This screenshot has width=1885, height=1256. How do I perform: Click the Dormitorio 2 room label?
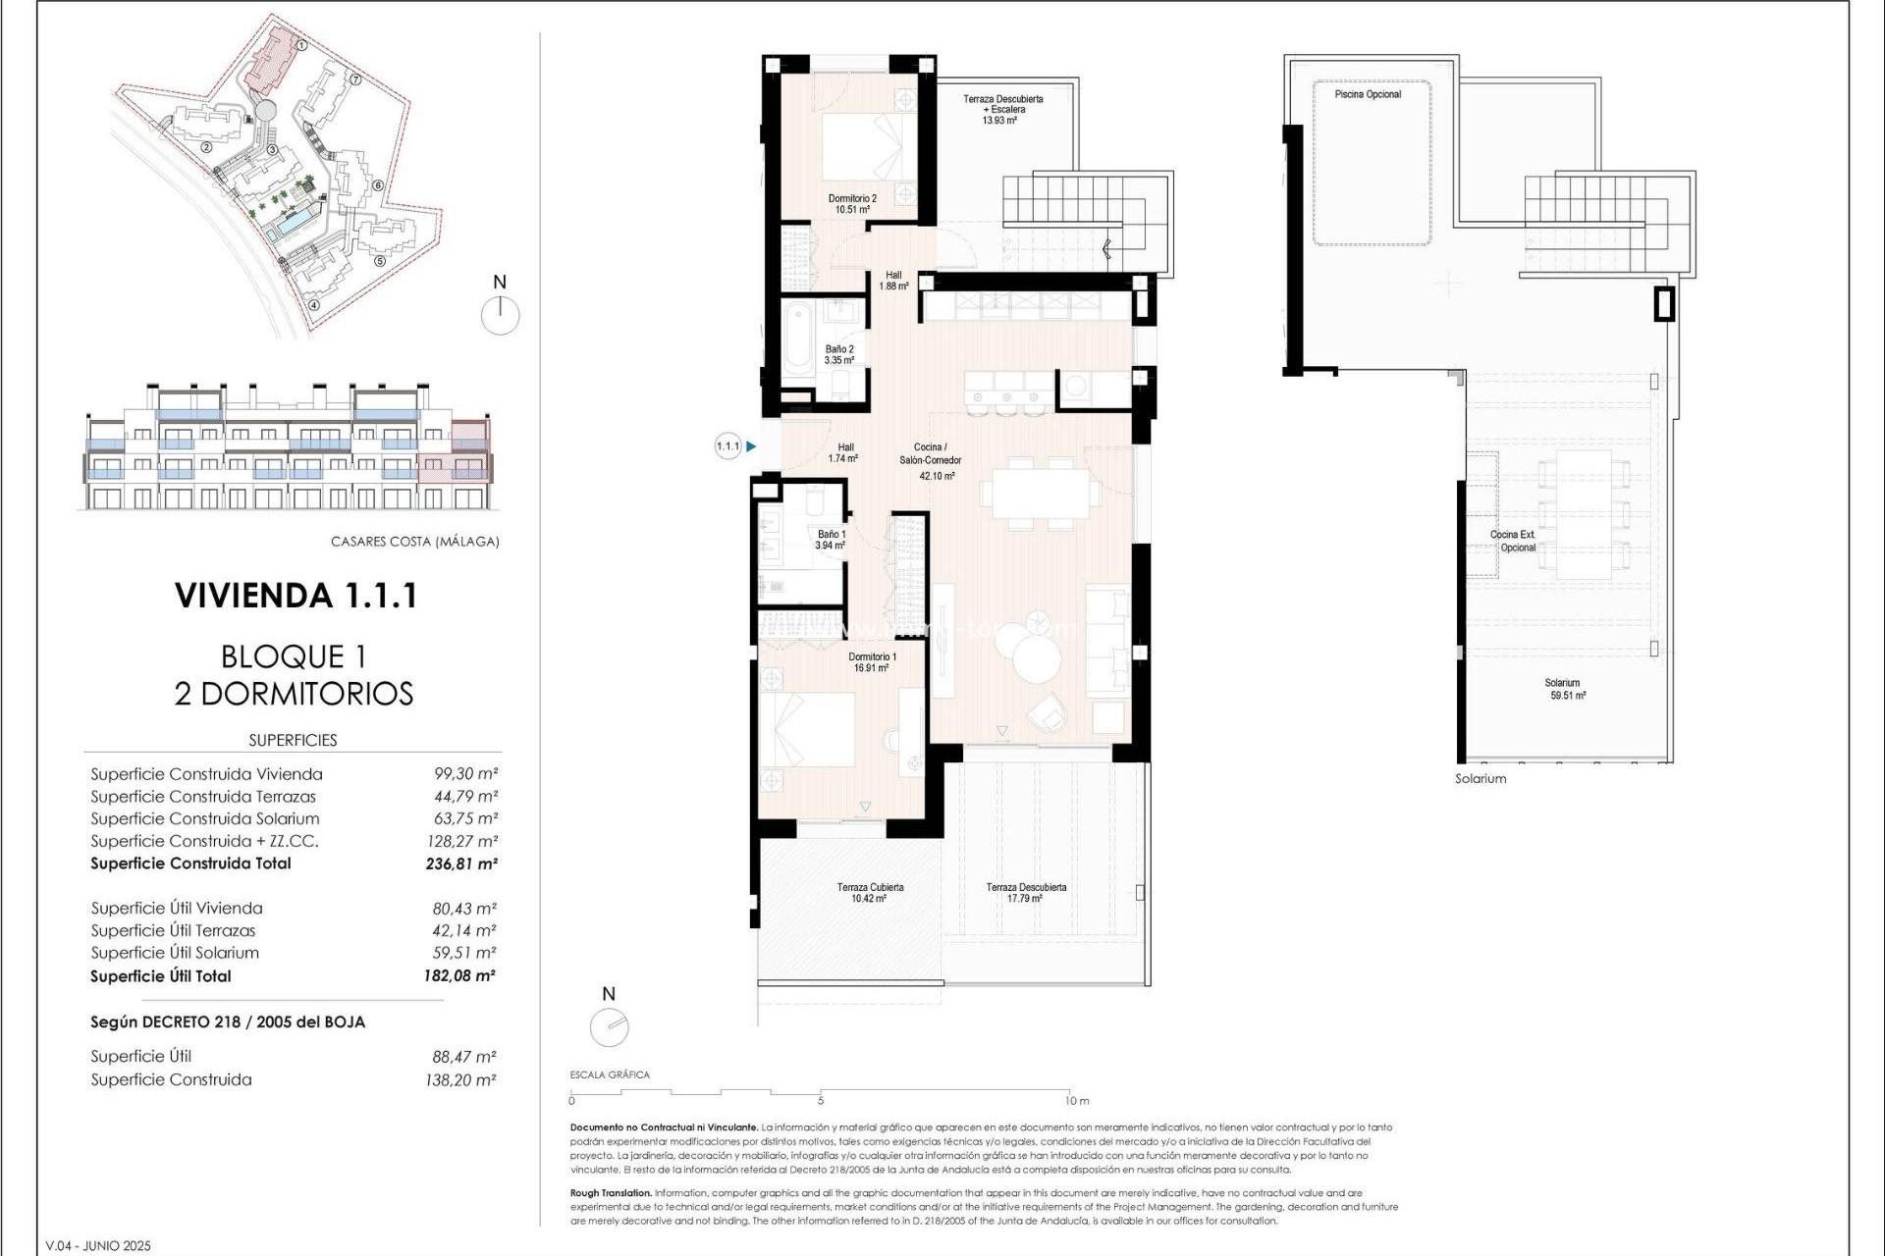851,203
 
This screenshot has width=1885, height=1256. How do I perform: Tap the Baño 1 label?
831,540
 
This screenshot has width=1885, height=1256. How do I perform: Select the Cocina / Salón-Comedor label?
930,460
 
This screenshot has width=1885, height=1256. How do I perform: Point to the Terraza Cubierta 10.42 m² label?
870,892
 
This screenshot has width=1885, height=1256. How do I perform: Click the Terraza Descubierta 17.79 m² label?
1026,892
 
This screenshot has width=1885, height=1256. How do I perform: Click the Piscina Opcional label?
1368,94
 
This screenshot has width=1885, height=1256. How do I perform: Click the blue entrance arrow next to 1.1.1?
751,446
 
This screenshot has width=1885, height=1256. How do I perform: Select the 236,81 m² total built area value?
460,864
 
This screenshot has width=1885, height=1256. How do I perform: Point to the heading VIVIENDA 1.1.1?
296,596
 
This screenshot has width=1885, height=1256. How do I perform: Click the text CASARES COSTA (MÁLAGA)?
414,542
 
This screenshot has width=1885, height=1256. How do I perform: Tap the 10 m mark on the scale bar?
1076,1101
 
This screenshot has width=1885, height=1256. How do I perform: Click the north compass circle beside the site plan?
501,316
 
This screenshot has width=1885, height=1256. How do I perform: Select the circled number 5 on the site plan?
380,261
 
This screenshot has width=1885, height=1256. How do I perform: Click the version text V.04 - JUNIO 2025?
98,1246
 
